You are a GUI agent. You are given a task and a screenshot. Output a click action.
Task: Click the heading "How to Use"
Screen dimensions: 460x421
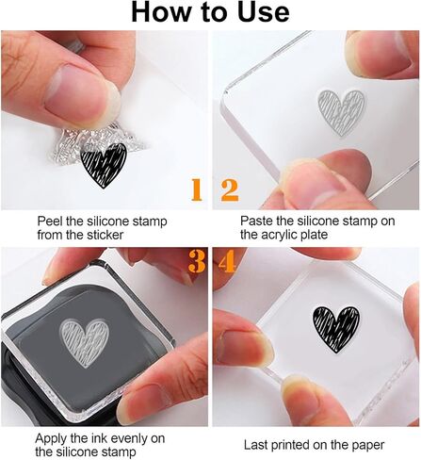[210, 12]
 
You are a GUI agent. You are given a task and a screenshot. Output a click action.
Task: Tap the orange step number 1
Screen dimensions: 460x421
[195, 190]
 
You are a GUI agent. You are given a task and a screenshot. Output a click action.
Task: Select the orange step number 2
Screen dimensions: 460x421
[229, 190]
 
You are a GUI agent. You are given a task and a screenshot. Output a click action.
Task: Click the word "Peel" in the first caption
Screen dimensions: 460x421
[52, 221]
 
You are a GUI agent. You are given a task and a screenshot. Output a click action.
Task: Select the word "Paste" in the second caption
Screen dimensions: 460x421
[258, 221]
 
